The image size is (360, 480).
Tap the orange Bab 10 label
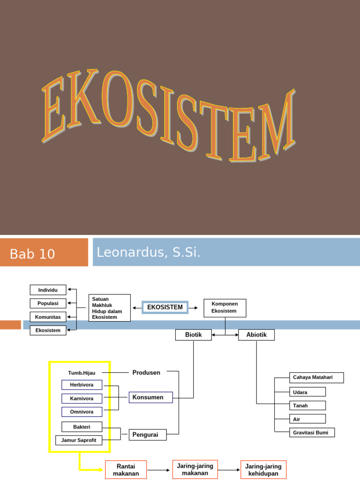coord(33,254)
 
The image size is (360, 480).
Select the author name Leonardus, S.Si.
coord(149,253)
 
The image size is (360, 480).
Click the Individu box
coord(48,290)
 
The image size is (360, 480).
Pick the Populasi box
coord(48,303)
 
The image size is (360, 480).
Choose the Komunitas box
coord(48,317)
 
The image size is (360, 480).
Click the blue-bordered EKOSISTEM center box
coord(165,307)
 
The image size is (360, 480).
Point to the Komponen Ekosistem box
coord(225,307)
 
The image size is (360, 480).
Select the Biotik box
coord(193,335)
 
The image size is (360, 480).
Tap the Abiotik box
coord(256,335)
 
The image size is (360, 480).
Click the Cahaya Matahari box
coord(316,377)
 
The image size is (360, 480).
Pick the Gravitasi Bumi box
coord(312,432)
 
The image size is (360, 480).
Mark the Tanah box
coord(307,405)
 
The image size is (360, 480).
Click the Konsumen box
coord(150,397)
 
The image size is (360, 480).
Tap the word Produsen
coord(146,373)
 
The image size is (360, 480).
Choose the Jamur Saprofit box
coord(79,440)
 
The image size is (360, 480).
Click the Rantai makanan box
coord(126,470)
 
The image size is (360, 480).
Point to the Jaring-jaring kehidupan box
coord(263,470)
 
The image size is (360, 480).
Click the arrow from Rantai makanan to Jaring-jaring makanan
coord(159,470)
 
